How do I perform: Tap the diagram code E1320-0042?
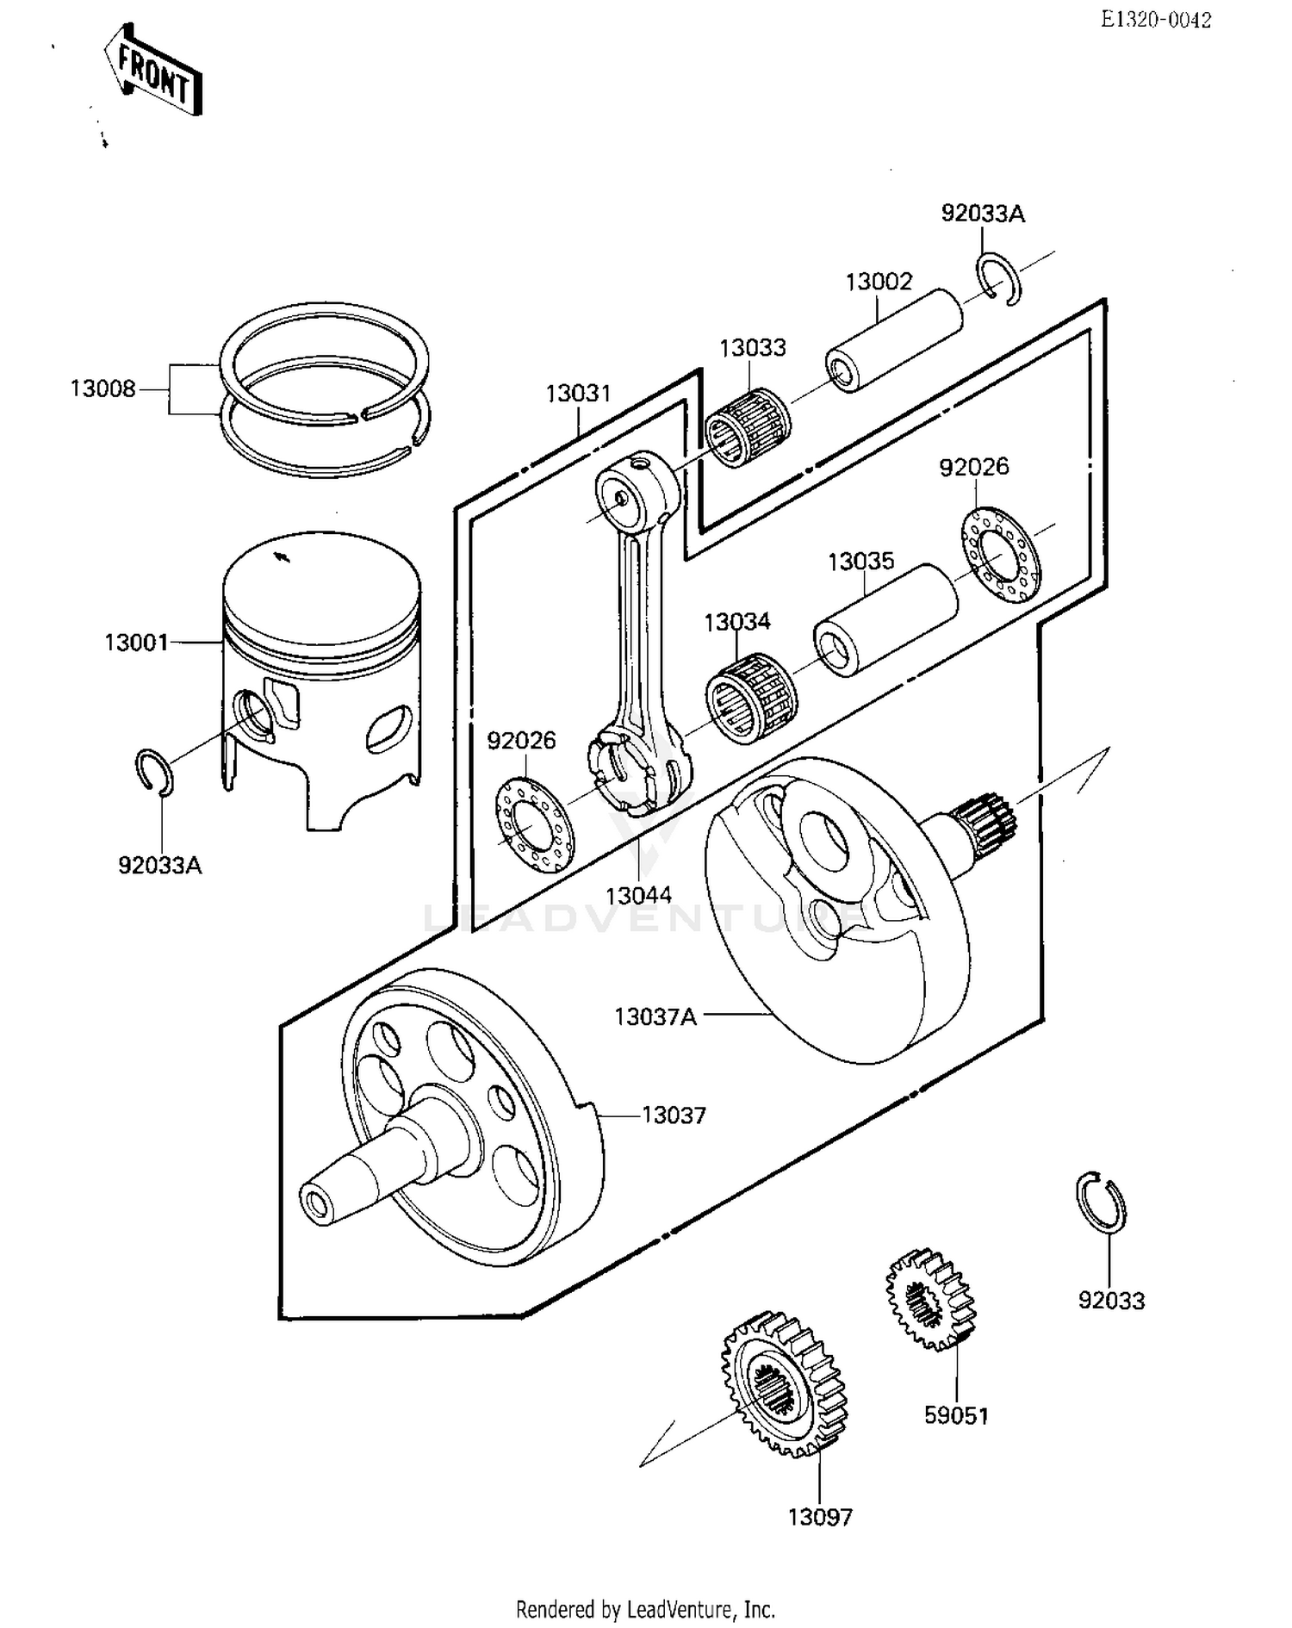click(1156, 20)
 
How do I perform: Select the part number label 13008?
click(102, 389)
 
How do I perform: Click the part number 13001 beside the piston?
click(135, 643)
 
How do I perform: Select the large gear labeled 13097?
click(783, 1388)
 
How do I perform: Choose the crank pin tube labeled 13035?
click(885, 620)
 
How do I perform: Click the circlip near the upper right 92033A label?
click(999, 279)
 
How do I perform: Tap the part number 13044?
click(638, 896)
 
